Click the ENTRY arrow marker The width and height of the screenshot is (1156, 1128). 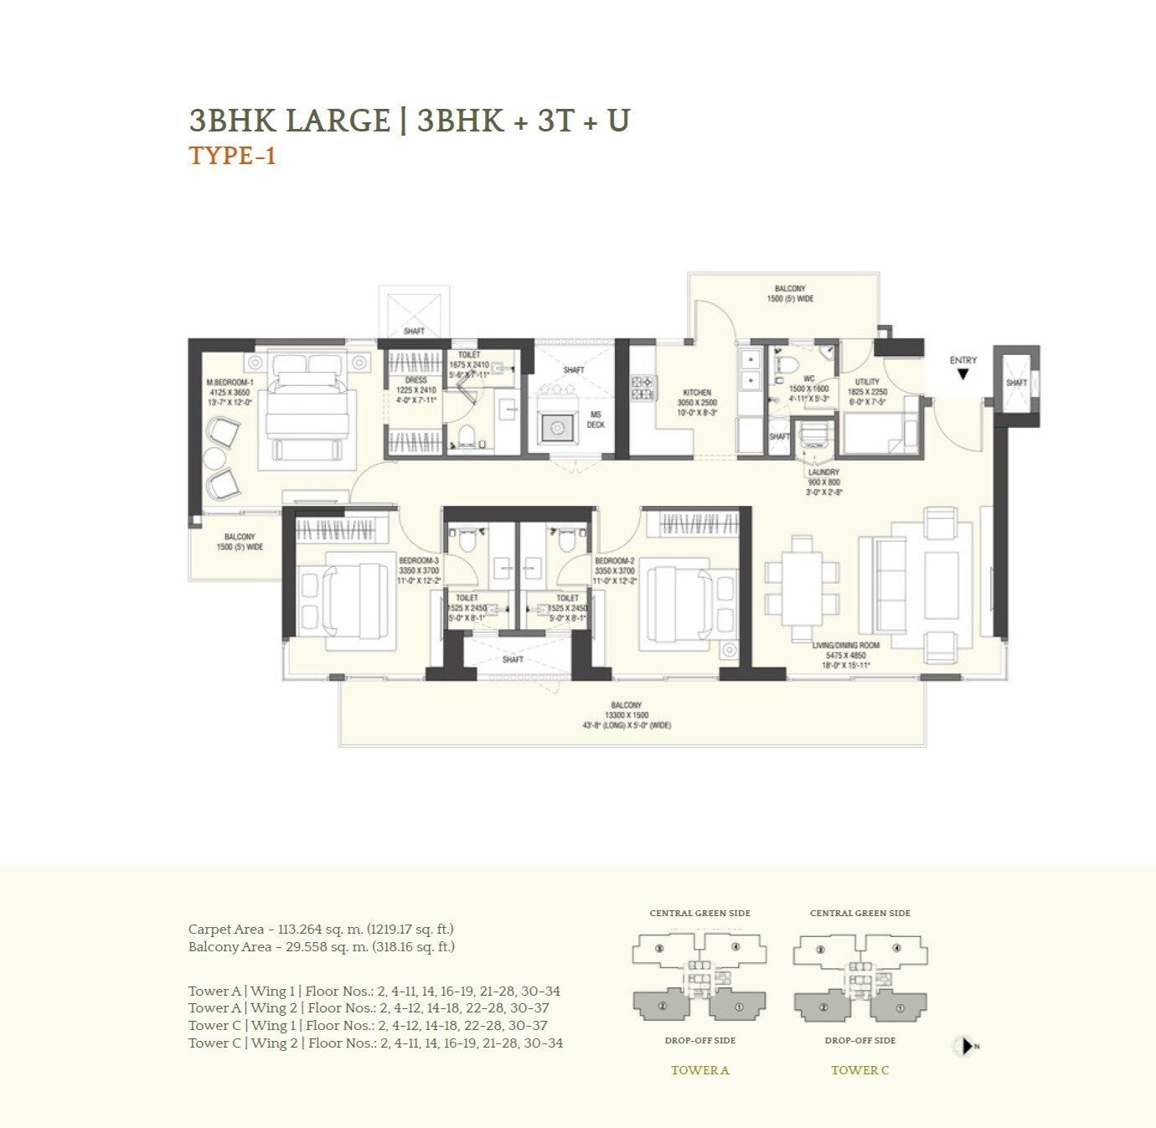(962, 374)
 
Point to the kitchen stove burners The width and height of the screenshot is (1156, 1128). (643, 388)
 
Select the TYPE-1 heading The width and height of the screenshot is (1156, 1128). (232, 157)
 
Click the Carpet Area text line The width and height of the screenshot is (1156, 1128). (321, 929)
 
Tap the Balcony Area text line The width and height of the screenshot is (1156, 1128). (322, 946)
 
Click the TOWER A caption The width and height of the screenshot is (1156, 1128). (699, 1069)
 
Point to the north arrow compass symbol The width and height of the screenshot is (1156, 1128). (965, 1046)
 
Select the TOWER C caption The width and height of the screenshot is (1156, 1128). (859, 1069)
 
